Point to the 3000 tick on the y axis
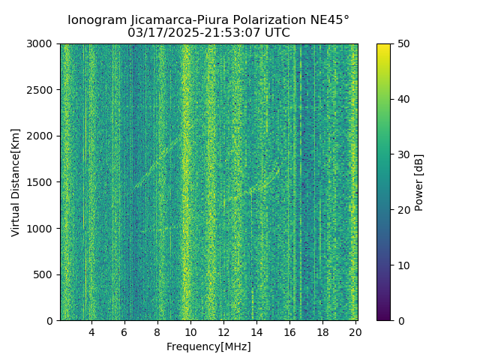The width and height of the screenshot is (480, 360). [43, 43]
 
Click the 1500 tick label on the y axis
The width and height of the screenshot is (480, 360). [43, 182]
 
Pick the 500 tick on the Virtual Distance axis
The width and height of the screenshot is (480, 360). [46, 274]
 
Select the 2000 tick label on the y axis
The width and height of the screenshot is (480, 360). [43, 136]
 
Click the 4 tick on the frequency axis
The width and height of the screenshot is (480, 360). [91, 331]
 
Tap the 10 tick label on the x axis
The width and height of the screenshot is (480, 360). [190, 331]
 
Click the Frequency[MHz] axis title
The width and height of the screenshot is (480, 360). [208, 346]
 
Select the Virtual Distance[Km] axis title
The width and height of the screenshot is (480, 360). [16, 182]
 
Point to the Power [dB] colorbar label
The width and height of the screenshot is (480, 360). [419, 182]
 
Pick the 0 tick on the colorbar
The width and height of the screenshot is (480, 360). [398, 321]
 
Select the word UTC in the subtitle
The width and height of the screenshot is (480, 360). [277, 33]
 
